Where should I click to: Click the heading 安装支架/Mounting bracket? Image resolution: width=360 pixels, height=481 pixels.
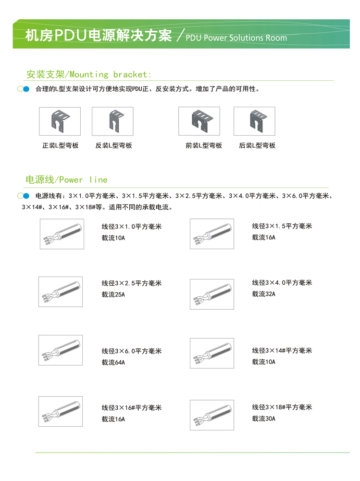tap(89, 74)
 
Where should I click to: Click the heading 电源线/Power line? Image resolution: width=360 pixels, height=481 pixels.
tap(66, 179)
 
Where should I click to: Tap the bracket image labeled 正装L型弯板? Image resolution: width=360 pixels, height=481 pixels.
tap(60, 121)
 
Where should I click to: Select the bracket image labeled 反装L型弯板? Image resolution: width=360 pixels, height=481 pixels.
tap(112, 121)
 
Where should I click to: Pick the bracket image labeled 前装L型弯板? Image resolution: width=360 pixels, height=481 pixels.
tap(199, 121)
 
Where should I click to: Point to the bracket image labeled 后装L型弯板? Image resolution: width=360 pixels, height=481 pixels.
tap(254, 121)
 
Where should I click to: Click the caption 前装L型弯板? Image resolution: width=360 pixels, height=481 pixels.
tap(204, 145)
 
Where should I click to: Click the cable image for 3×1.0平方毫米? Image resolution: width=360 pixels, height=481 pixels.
tap(62, 234)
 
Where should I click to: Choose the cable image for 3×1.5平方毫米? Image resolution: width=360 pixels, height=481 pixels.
tap(211, 234)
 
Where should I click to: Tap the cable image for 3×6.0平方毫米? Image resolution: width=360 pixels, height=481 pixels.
tap(60, 350)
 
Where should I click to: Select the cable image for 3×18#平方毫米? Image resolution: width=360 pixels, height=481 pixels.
tap(211, 415)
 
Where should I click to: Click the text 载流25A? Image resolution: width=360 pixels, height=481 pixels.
tap(113, 294)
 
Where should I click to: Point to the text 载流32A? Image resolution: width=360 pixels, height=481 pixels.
tap(263, 293)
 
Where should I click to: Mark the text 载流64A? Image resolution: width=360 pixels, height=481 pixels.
tap(113, 362)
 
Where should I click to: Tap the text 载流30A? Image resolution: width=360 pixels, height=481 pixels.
tap(263, 418)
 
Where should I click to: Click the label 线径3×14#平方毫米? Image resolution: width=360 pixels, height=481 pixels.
tap(282, 351)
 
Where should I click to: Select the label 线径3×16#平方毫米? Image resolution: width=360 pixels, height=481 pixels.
tap(131, 408)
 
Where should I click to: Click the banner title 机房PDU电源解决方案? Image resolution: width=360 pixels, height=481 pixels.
tap(98, 36)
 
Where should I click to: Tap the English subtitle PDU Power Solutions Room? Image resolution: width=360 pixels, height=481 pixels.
tap(236, 38)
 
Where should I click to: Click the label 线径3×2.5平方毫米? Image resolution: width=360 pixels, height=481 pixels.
tap(131, 283)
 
